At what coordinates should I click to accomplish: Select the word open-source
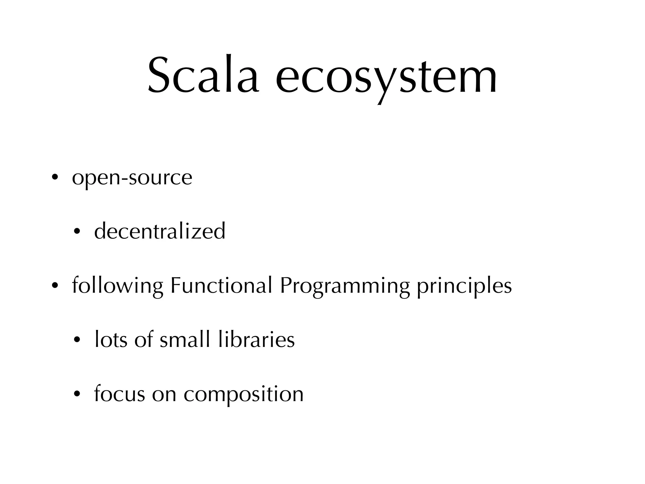tap(132, 178)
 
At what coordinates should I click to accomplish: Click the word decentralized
tap(160, 231)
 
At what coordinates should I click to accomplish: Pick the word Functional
tap(221, 285)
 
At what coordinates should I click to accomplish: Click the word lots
tap(111, 340)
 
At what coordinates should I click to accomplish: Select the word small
tap(185, 340)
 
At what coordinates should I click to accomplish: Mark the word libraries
tap(256, 340)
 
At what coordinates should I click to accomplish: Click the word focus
tap(120, 394)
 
